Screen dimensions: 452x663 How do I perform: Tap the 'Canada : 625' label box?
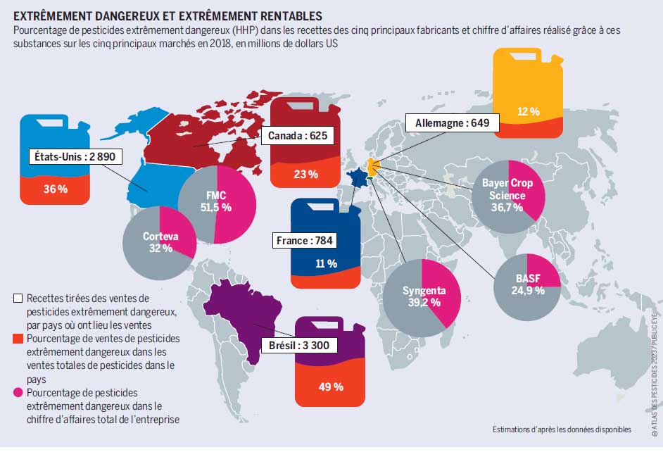[298, 135]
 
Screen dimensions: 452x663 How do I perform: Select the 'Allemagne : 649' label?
[452, 123]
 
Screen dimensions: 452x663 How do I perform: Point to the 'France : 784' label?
[305, 241]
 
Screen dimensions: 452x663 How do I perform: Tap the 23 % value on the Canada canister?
[306, 174]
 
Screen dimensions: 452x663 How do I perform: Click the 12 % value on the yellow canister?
[528, 111]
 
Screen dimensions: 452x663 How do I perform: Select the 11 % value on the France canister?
[326, 264]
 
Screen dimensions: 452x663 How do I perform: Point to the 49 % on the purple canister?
[330, 387]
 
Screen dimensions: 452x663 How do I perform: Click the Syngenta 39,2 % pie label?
[422, 296]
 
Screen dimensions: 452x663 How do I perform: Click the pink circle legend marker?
[18, 391]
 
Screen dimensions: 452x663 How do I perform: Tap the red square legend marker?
[18, 339]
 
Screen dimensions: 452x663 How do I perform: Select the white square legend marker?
[18, 299]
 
